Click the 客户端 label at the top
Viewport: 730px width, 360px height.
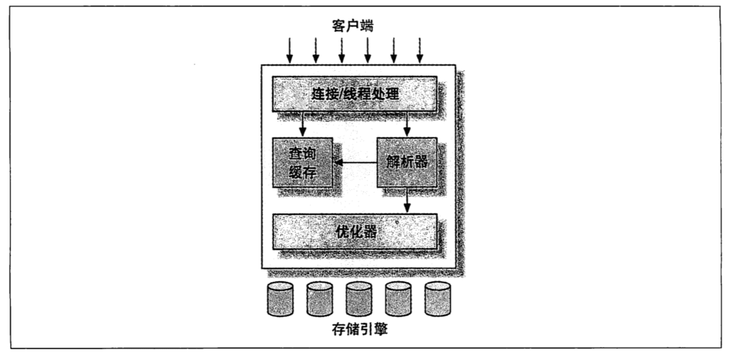click(353, 26)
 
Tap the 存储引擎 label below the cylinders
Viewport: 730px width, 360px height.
click(360, 329)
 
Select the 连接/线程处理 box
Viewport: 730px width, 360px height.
click(354, 94)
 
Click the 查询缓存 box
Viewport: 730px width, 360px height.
click(302, 162)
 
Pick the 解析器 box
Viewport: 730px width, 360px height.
click(407, 162)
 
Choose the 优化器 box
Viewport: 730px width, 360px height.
click(354, 232)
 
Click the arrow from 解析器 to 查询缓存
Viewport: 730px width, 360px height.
click(355, 162)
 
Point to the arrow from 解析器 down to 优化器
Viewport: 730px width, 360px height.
click(407, 200)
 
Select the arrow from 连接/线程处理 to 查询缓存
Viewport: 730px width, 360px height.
click(302, 124)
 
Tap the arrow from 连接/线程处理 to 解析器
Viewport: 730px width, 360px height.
click(407, 124)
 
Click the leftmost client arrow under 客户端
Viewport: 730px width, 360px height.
click(290, 51)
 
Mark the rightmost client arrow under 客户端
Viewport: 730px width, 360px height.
click(420, 51)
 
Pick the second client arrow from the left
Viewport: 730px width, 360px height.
click(315, 51)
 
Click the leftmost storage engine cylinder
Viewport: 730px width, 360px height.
click(280, 299)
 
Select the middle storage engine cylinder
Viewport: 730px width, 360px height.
click(359, 299)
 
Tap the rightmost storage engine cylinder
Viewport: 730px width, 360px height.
click(438, 299)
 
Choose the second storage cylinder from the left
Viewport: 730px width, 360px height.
click(320, 299)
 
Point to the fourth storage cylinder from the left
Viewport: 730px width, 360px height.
click(398, 299)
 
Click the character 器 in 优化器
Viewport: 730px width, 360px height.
click(370, 232)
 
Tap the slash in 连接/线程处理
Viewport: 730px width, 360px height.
click(339, 95)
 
